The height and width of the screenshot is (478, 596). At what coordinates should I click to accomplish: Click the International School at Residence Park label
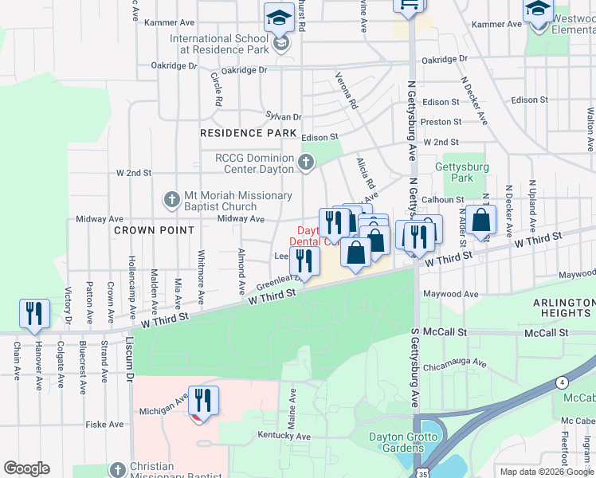[x=218, y=43]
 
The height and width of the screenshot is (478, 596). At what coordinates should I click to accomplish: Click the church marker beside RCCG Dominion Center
[x=305, y=164]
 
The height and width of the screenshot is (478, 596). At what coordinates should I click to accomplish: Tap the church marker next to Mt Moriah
[x=171, y=200]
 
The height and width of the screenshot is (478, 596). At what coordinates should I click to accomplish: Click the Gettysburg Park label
[x=454, y=173]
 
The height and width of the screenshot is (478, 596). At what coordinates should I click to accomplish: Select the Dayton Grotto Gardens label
[x=402, y=442]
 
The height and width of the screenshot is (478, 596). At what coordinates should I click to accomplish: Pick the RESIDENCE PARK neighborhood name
[x=242, y=133]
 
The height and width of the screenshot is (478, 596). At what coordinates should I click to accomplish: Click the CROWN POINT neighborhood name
[x=154, y=230]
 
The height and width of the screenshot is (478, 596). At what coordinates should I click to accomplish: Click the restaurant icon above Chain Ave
[x=34, y=312]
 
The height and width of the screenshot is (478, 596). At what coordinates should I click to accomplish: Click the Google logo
[x=26, y=468]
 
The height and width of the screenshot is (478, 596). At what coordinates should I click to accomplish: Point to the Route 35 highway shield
[x=420, y=472]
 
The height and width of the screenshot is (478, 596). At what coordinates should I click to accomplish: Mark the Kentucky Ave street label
[x=284, y=436]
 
